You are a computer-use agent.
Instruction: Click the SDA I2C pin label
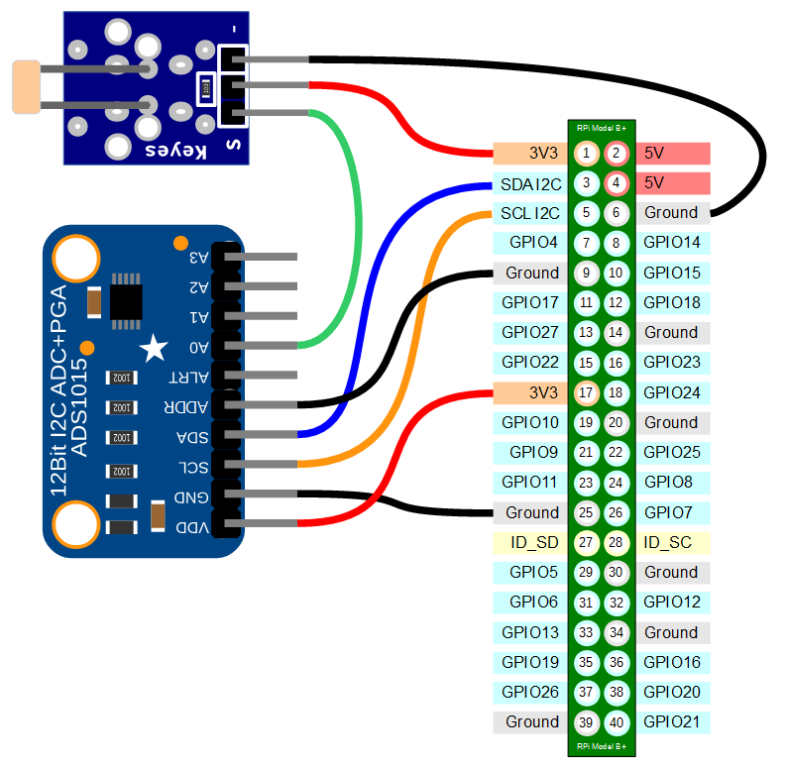tap(530, 183)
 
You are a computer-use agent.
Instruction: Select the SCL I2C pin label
tap(530, 213)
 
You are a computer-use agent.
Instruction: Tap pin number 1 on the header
tap(587, 153)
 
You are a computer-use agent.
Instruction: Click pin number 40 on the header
tap(617, 722)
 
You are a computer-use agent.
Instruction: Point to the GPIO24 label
tap(671, 393)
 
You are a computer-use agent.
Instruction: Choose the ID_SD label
tap(532, 543)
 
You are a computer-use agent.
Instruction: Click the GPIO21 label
tap(671, 722)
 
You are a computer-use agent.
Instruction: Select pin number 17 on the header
tap(587, 393)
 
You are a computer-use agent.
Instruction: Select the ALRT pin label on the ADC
tap(191, 377)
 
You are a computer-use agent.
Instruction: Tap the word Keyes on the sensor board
tap(175, 151)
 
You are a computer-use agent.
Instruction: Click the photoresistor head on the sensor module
tap(25, 86)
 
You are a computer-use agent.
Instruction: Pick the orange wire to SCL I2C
tap(421, 327)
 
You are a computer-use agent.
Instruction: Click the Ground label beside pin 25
tap(532, 513)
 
